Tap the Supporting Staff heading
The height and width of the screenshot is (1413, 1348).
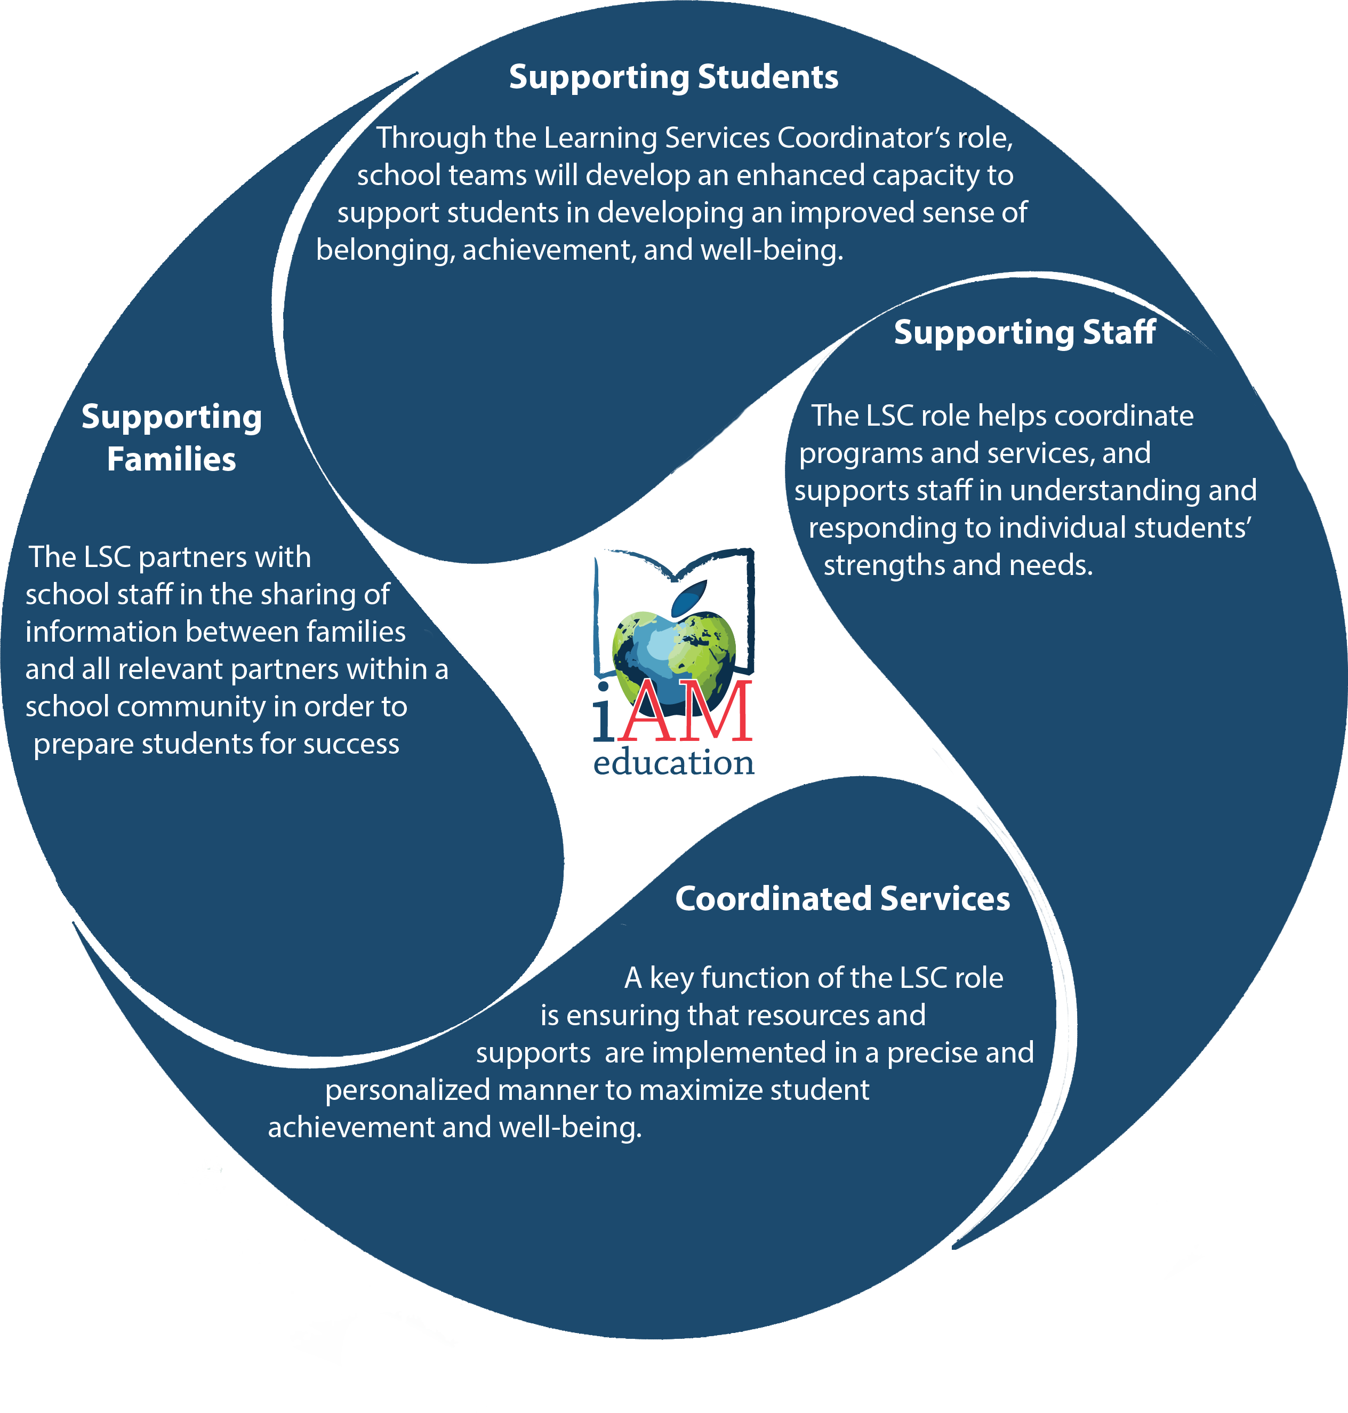(x=1025, y=333)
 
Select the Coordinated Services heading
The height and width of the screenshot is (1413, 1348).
(x=842, y=899)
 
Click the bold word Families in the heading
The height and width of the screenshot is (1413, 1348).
(x=171, y=459)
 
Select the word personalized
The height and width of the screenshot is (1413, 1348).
(x=407, y=1091)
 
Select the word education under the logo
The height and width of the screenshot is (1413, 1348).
(x=674, y=763)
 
